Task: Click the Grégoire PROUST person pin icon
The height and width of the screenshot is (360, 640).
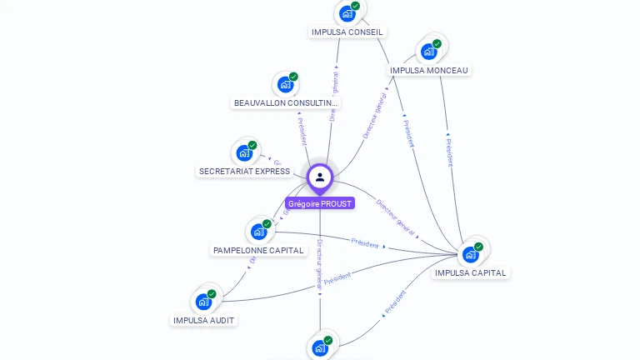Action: [320, 177]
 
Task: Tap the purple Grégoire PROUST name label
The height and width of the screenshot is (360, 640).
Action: [320, 203]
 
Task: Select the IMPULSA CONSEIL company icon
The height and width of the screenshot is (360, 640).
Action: [347, 14]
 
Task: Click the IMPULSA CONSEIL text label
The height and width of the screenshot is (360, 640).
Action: [347, 32]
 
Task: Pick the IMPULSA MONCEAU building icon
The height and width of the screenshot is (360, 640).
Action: [429, 52]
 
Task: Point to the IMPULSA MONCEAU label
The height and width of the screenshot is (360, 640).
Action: [429, 71]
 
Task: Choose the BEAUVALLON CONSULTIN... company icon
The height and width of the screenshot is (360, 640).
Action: [285, 85]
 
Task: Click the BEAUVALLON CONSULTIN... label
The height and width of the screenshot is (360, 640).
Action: [286, 103]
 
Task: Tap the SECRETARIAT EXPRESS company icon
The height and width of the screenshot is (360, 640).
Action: [244, 153]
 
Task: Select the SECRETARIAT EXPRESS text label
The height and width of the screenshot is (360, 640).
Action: [244, 172]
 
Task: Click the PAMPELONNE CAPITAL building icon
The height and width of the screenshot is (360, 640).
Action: [258, 232]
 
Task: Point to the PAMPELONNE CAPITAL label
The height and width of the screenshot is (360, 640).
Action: [258, 250]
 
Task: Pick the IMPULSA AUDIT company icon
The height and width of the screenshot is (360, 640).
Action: [203, 302]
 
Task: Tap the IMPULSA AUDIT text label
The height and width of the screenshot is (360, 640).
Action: [204, 320]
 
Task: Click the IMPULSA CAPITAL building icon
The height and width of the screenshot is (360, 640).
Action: [471, 254]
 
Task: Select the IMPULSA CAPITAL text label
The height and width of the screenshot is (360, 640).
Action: [471, 272]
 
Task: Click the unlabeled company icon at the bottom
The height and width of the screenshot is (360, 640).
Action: [320, 347]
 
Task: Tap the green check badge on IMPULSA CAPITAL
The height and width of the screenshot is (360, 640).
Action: [478, 247]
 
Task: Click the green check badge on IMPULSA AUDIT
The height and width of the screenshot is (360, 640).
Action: [212, 294]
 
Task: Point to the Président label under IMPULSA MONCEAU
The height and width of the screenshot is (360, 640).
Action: [449, 149]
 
